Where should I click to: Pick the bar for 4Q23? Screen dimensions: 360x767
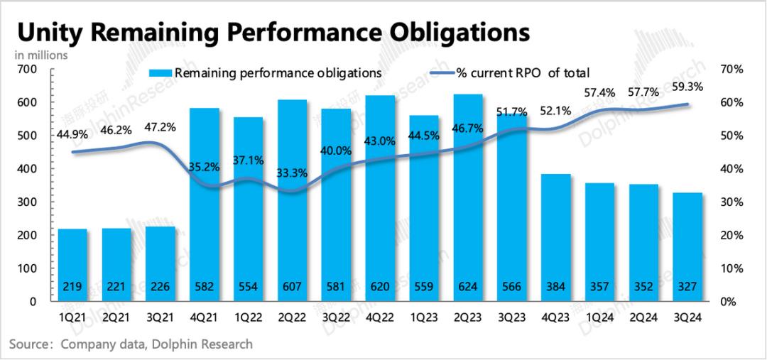click(x=556, y=237)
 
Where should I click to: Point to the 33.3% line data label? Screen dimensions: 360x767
click(x=293, y=171)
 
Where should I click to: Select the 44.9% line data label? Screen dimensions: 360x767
click(x=72, y=134)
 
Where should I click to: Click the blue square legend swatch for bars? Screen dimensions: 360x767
click(x=160, y=72)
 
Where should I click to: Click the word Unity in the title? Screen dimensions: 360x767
click(x=50, y=33)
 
